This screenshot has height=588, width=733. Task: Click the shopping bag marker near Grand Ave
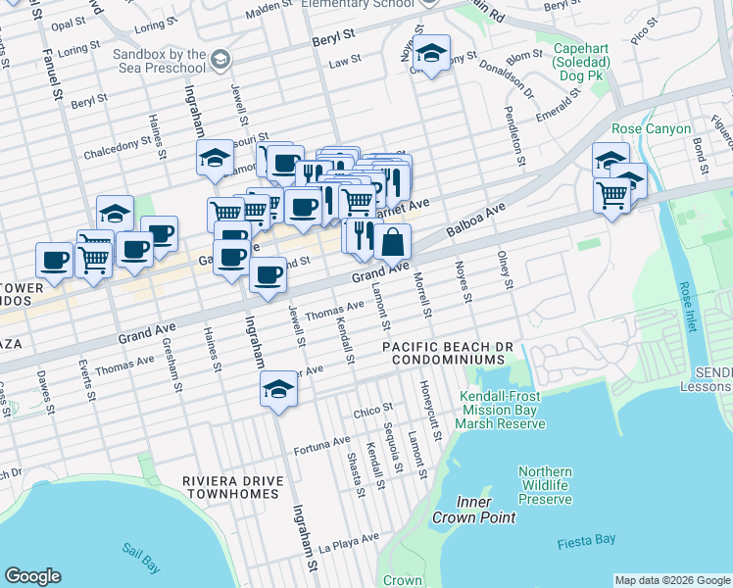pos(392,241)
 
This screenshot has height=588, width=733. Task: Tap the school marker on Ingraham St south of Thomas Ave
pos(278,391)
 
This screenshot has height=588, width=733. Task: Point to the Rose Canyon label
pos(651,128)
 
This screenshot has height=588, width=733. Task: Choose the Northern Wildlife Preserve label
pos(545,485)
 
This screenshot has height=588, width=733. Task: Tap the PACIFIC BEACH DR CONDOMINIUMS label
pos(443,354)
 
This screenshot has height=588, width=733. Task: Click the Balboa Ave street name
pos(476,220)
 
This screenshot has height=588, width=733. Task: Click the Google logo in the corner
pos(32,576)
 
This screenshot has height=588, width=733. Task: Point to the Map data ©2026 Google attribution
pos(671,580)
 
